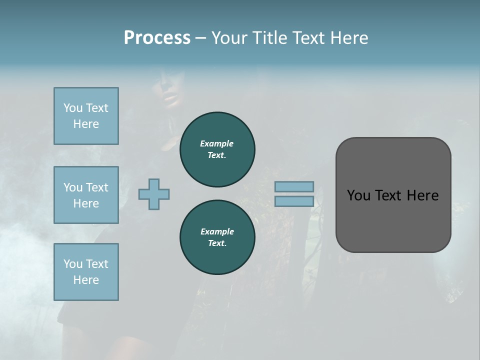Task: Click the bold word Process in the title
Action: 157,38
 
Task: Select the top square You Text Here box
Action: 86,116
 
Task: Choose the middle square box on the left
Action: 86,195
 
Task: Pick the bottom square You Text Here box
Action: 86,272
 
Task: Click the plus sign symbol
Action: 154,194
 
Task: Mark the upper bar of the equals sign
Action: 294,186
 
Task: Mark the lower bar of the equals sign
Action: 294,201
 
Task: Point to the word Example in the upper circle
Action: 217,143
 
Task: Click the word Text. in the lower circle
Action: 217,243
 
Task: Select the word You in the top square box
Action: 72,108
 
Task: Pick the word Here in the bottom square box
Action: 86,280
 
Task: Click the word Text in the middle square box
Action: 96,187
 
